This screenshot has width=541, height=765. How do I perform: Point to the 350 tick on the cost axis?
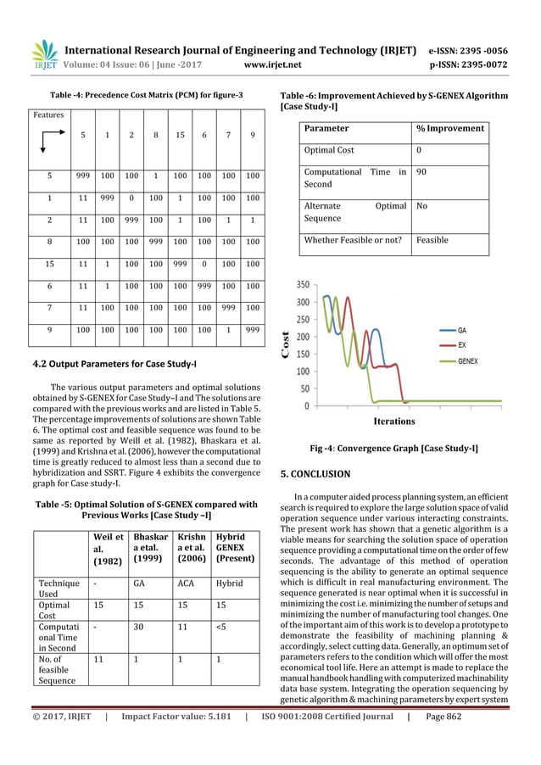301,285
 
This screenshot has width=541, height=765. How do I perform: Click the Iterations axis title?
393,421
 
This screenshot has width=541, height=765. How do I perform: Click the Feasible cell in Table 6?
432,240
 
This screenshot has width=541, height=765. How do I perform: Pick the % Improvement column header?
449,128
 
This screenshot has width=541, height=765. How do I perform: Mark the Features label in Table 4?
48,113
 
